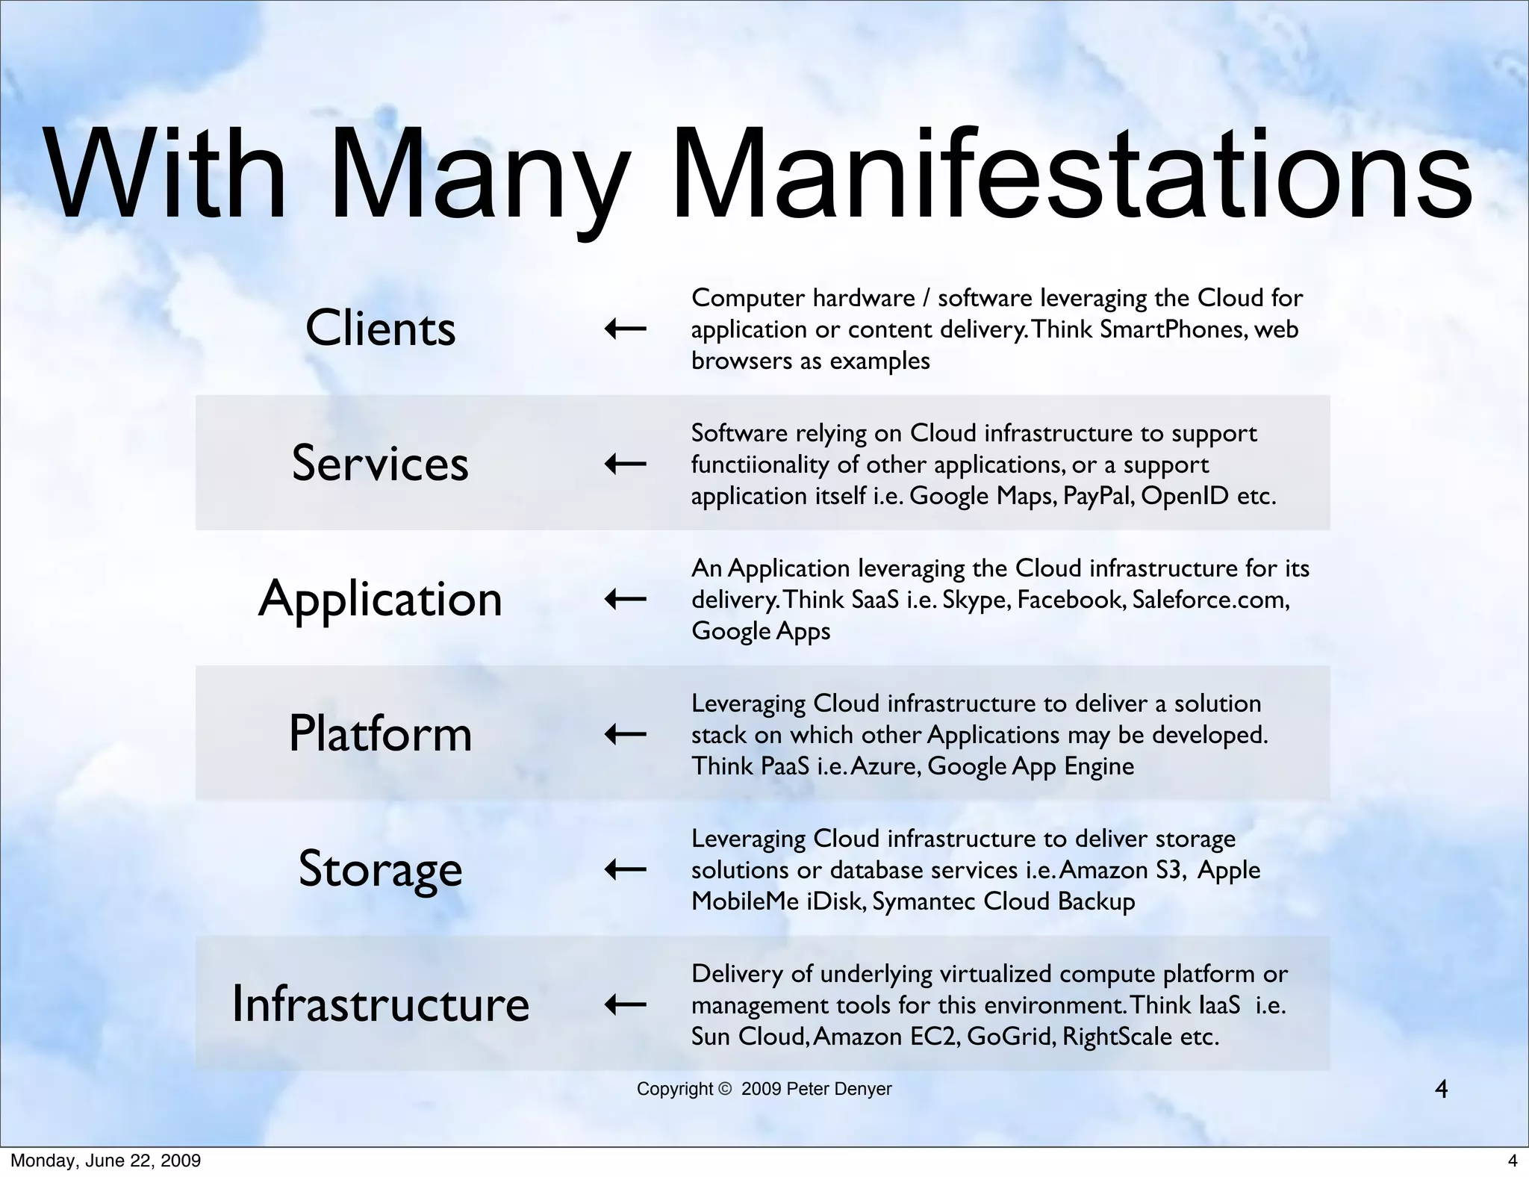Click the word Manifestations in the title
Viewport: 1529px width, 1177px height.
[x=1072, y=177]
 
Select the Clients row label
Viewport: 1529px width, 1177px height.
[x=380, y=329]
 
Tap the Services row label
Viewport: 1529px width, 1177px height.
[x=380, y=463]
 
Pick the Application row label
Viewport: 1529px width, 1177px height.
[x=380, y=599]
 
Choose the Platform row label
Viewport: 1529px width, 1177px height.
[x=380, y=733]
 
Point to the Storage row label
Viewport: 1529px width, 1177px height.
[x=380, y=869]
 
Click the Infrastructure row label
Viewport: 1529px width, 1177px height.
[x=380, y=1004]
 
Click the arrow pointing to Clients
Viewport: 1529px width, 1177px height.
[x=625, y=329]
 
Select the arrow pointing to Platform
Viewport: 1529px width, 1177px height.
[x=625, y=734]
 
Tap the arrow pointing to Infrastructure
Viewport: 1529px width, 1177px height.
[x=625, y=1004]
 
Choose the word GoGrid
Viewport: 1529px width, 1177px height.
[x=1011, y=1037]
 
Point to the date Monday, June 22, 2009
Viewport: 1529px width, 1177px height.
[x=105, y=1161]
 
